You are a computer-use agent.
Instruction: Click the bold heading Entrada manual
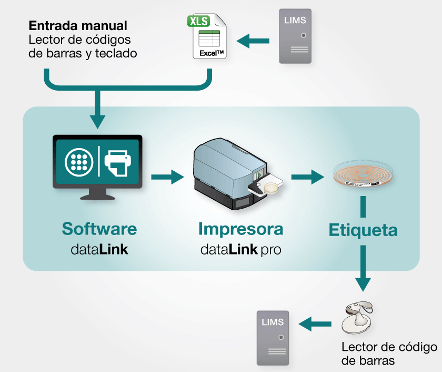78,25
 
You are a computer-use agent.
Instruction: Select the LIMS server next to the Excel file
295,36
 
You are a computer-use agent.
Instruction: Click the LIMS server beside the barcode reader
273,338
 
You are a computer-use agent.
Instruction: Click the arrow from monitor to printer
168,177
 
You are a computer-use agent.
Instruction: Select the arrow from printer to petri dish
307,177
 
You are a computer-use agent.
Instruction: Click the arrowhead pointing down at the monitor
97,120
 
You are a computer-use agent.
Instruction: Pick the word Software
99,229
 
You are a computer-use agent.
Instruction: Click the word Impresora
240,229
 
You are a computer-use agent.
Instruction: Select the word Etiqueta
363,230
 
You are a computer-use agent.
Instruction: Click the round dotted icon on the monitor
78,162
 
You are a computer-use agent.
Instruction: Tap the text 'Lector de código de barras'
389,354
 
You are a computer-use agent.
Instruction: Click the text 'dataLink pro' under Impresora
240,249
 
